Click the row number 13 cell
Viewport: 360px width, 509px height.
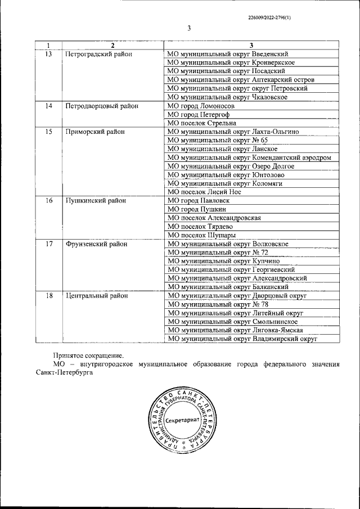(49, 54)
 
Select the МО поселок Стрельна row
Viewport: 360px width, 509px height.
(202, 123)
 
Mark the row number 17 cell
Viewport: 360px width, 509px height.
(49, 244)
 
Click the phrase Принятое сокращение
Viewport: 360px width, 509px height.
(88, 355)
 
